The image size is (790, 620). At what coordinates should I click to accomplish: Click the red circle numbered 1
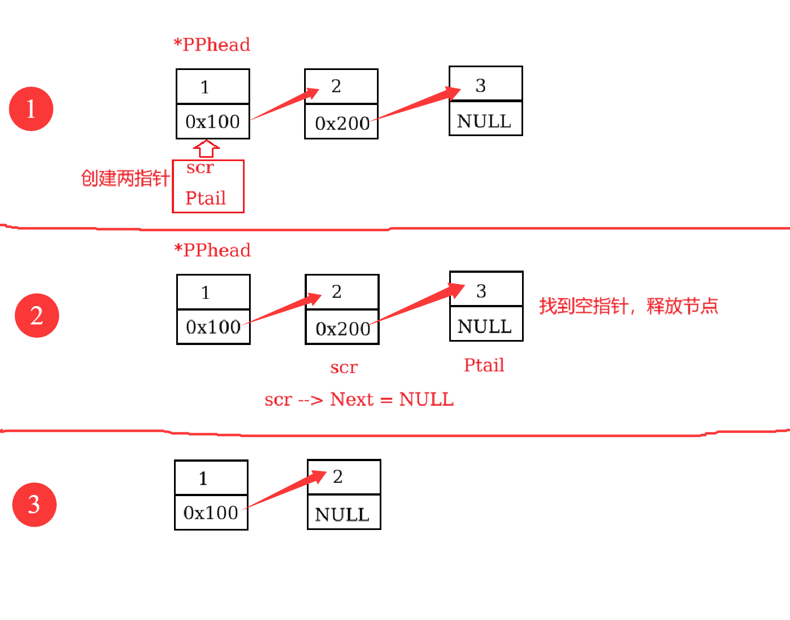[31, 109]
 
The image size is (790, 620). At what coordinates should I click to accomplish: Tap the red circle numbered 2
[37, 316]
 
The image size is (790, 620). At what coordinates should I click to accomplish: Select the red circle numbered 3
[34, 504]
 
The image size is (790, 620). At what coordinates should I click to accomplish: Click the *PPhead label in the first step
[212, 44]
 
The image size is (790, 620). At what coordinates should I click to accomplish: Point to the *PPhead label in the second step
[212, 250]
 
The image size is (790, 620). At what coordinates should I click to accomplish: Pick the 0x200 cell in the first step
[341, 122]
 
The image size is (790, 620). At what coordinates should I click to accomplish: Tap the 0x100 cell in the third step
[211, 512]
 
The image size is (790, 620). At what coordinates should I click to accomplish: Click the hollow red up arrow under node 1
[206, 148]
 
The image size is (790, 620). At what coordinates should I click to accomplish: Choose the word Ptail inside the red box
[206, 198]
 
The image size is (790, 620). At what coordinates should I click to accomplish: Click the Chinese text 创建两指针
[125, 178]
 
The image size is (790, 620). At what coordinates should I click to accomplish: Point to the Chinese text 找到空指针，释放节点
[628, 306]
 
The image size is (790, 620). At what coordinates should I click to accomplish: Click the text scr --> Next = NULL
[359, 399]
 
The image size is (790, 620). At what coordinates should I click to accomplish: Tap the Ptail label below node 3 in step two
[484, 365]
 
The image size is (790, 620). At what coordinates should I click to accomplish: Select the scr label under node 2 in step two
[344, 367]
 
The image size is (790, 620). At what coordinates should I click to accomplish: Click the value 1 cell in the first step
[212, 87]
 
